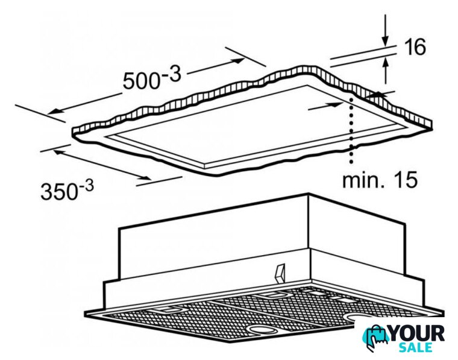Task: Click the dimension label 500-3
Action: [x=152, y=77]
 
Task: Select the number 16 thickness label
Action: [x=415, y=47]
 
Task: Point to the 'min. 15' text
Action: [x=380, y=180]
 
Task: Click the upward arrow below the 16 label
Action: [x=386, y=71]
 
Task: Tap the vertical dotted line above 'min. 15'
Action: [x=351, y=130]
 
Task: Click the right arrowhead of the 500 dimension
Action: [x=238, y=60]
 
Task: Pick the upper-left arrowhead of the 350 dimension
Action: [x=59, y=152]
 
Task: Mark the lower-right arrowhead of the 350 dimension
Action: [x=145, y=178]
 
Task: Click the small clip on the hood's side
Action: [x=280, y=274]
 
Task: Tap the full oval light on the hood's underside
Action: [x=262, y=330]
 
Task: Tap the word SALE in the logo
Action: [x=416, y=347]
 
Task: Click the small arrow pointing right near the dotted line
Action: [x=325, y=106]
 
